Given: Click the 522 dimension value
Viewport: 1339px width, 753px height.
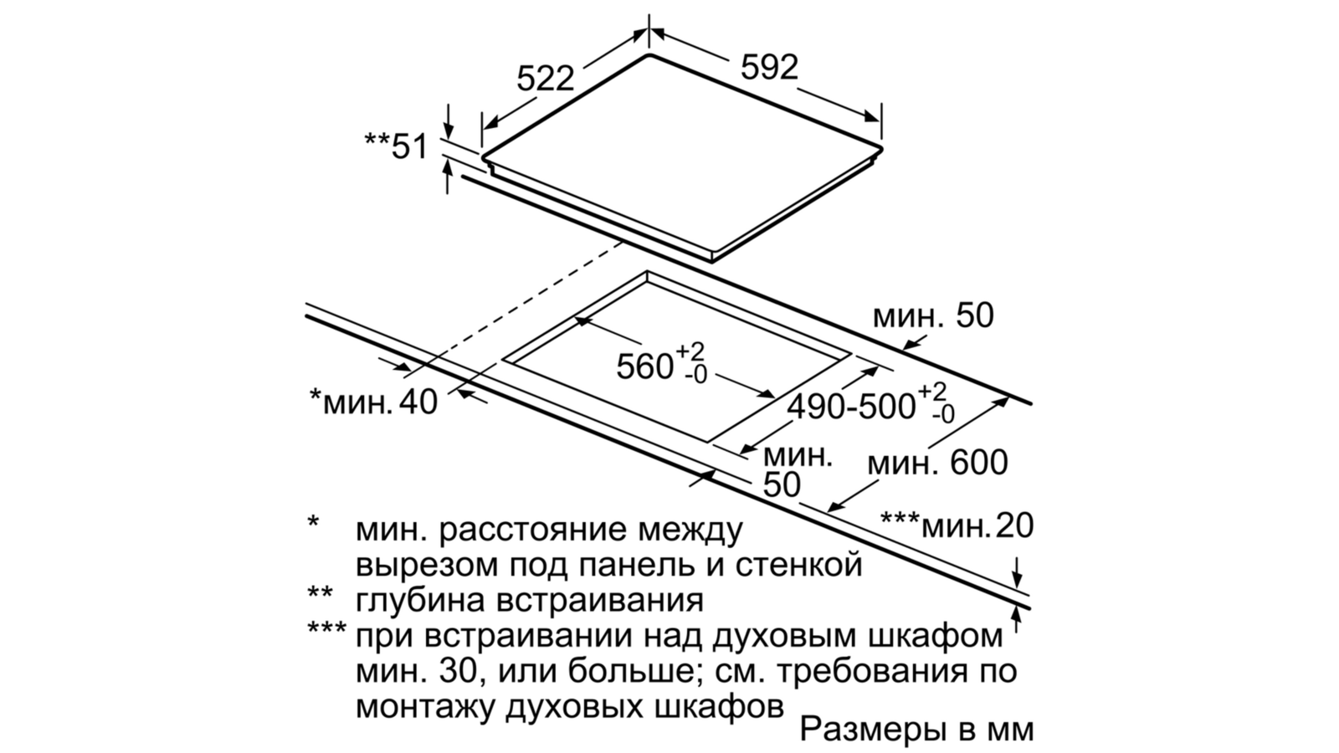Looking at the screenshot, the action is pos(545,79).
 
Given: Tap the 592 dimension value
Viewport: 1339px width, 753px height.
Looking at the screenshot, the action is pos(769,67).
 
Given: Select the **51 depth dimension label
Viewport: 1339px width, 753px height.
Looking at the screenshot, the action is pos(397,146).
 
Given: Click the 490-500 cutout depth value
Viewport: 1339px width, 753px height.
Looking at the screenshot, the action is pos(851,407).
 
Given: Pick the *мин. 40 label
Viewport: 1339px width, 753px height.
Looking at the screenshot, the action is pos(373,401).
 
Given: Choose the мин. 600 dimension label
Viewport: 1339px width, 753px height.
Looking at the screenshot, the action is pos(937,463).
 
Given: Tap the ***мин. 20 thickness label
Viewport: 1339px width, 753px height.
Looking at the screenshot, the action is pos(957,525).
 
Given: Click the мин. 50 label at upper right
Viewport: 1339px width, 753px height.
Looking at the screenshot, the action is pos(933,315).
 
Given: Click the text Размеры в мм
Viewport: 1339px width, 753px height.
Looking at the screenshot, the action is pos(916,729).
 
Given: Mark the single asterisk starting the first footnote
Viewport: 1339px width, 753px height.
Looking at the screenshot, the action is pos(313,522).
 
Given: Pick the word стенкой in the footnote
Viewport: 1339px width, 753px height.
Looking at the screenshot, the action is pos(798,565).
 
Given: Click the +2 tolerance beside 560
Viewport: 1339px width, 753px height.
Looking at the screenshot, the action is pos(690,351).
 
